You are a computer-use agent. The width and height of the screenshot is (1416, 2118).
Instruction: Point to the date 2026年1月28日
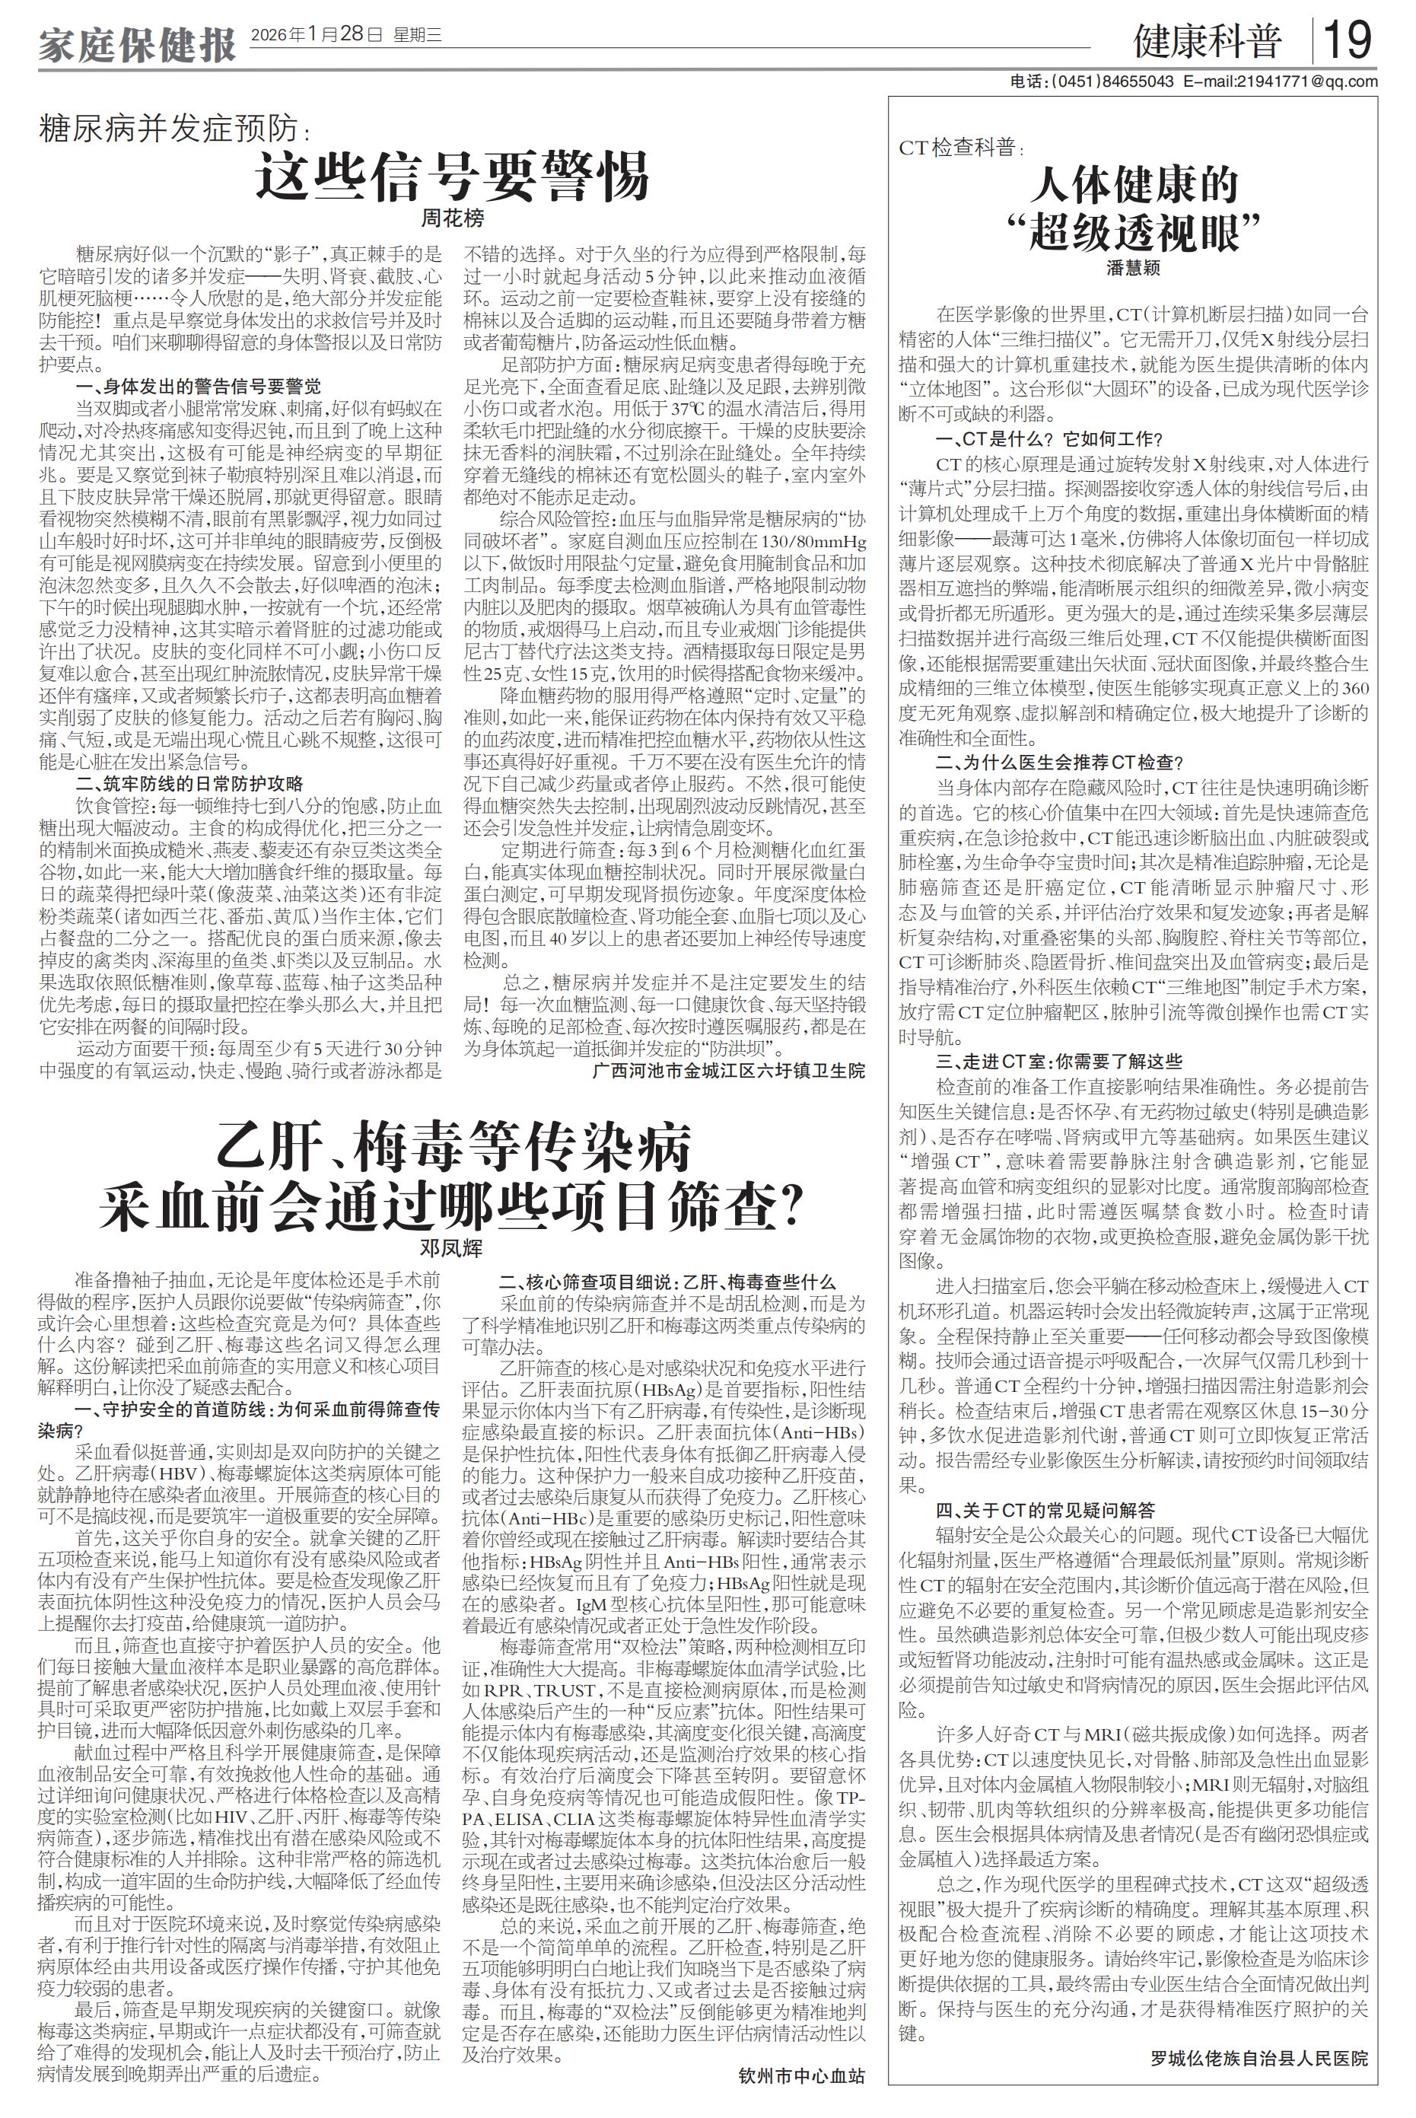click(305, 35)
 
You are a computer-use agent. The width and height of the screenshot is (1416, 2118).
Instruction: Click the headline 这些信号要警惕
click(453, 176)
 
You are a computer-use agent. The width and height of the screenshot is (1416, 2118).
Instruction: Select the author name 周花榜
click(453, 218)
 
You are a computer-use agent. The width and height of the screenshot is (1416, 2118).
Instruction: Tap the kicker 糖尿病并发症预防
click(172, 129)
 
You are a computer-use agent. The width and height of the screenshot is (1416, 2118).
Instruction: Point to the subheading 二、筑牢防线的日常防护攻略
click(189, 783)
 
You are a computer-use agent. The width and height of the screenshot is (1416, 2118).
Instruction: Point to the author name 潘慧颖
click(1134, 268)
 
